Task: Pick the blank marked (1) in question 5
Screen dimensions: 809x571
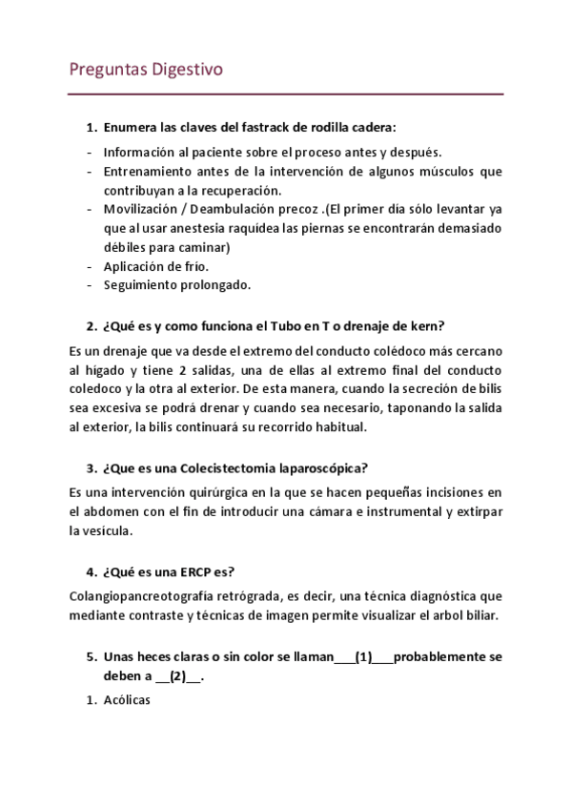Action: pyautogui.click(x=363, y=657)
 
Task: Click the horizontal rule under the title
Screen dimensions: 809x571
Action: pyautogui.click(x=286, y=93)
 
